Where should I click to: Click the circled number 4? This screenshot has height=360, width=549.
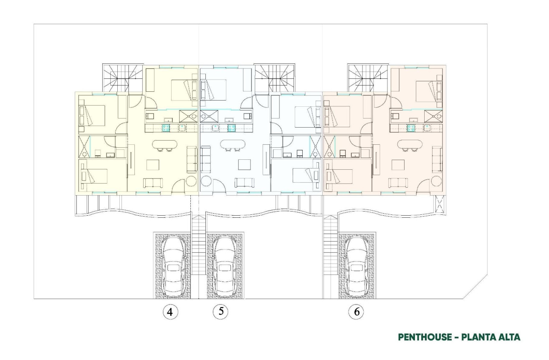click(170, 312)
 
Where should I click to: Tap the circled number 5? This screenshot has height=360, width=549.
click(221, 312)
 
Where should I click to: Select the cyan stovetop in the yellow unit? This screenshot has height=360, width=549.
click(167, 128)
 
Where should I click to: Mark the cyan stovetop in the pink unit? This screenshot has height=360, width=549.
click(412, 128)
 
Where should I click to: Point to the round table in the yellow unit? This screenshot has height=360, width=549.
click(191, 181)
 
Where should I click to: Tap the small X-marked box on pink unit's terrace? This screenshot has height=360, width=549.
click(439, 204)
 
